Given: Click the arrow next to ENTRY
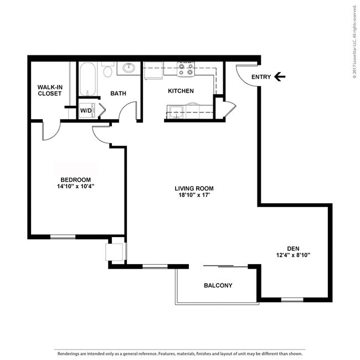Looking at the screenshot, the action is pos(280,76).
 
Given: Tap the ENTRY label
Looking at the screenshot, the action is pos(261,77).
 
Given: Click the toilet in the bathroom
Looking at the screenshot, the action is pos(107,69).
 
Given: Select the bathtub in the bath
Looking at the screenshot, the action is pos(88,79).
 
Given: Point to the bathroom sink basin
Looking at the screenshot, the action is pos(129,68).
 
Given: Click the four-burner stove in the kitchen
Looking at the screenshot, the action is pos(186,69).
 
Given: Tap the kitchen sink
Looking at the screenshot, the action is pos(176,111).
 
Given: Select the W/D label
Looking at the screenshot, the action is pos(86,111).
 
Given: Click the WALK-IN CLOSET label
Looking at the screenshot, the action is pos(50,90).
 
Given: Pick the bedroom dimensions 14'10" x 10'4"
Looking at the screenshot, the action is pos(76,186).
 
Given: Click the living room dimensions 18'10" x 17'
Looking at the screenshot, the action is pos(194,195).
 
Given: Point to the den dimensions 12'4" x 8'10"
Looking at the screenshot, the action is pos(293,255).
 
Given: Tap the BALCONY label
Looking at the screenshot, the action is pos(218,285).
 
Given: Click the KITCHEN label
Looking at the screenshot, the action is pos(181,91).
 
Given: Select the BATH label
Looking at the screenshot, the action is pos(118,93).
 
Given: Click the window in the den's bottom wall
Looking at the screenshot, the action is pos(292,300).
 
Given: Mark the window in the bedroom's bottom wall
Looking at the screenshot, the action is pos(63,236).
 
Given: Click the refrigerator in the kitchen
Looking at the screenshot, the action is pos(153,70).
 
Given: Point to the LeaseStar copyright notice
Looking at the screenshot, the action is pos(355,42).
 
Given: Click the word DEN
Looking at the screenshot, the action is pos(293,249).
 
